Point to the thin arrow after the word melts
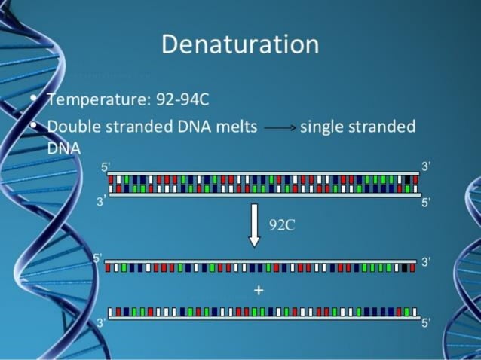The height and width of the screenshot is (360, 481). [279, 127]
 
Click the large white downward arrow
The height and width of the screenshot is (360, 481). [254, 224]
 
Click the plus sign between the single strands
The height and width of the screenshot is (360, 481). [259, 290]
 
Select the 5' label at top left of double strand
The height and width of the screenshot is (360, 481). [105, 167]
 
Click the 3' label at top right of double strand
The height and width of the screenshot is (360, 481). [426, 166]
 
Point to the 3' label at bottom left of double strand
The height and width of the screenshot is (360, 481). [101, 201]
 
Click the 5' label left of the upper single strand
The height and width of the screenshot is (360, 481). [97, 258]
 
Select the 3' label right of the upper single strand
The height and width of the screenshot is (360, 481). [426, 262]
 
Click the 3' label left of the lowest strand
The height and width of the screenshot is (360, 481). [101, 322]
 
